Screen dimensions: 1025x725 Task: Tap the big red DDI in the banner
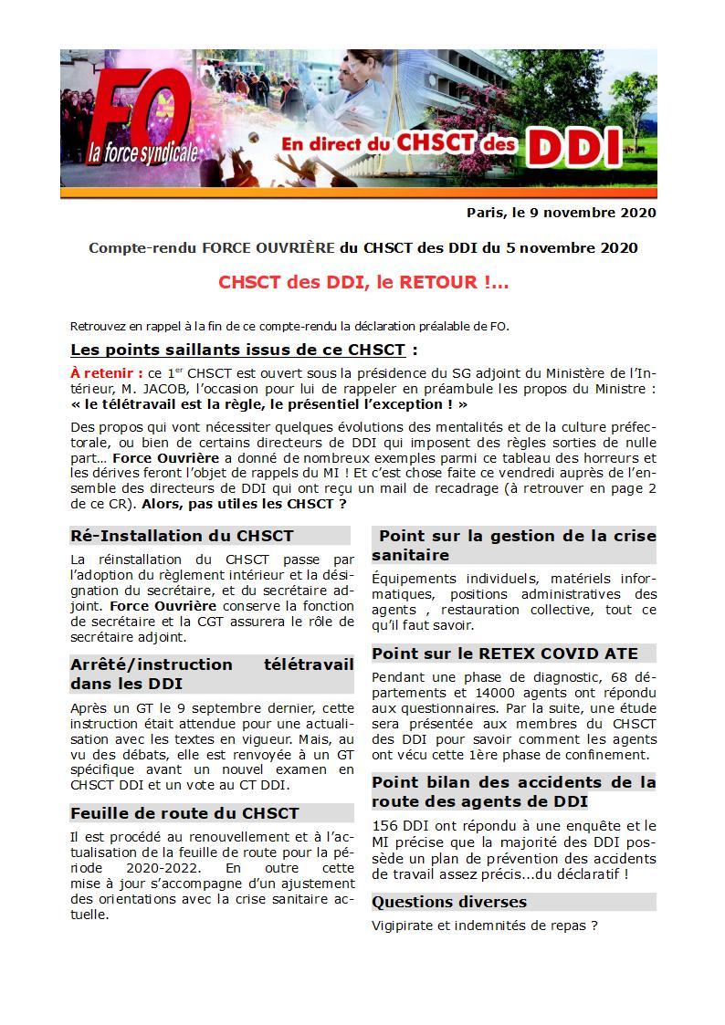(575, 147)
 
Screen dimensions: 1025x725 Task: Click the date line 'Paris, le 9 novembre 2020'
(561, 213)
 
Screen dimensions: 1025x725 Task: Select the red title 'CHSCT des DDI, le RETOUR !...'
(363, 282)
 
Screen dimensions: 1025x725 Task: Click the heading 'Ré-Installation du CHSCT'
(182, 536)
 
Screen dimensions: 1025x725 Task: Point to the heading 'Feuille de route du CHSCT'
(184, 812)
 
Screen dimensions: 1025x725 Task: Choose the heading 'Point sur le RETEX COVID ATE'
(505, 654)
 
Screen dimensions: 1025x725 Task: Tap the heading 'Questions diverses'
(449, 902)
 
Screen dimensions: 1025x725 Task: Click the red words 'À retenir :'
(106, 373)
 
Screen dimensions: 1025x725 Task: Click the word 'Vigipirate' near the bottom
(405, 926)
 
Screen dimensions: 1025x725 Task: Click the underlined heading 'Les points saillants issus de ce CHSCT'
(238, 350)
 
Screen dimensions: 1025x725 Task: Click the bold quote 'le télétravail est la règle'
(182, 404)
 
